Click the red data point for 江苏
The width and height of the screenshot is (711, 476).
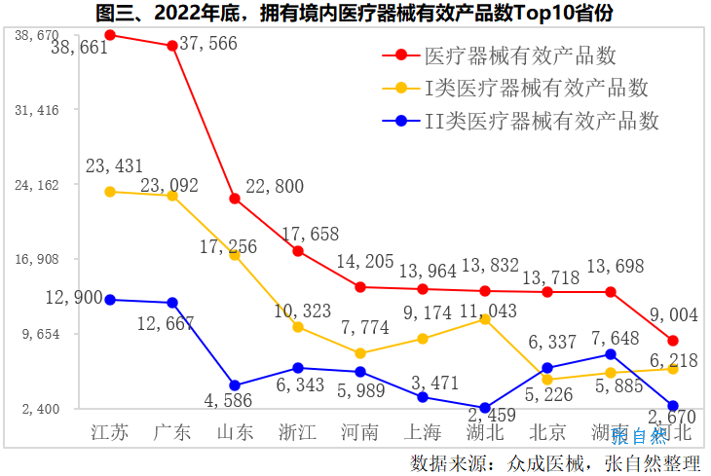pyautogui.click(x=110, y=35)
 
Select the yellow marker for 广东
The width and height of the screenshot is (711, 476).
pyautogui.click(x=172, y=196)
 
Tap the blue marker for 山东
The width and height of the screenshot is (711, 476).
pyautogui.click(x=235, y=385)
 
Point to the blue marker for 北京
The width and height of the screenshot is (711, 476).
pyautogui.click(x=547, y=368)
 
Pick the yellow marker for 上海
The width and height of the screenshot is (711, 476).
pyautogui.click(x=423, y=339)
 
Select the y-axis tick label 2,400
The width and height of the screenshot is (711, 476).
pyautogui.click(x=41, y=409)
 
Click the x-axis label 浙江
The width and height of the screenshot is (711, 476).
pyautogui.click(x=298, y=433)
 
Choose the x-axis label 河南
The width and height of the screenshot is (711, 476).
pyautogui.click(x=360, y=433)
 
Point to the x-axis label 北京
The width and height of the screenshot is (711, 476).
pyautogui.click(x=547, y=433)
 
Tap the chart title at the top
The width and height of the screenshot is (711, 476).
pyautogui.click(x=355, y=13)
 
